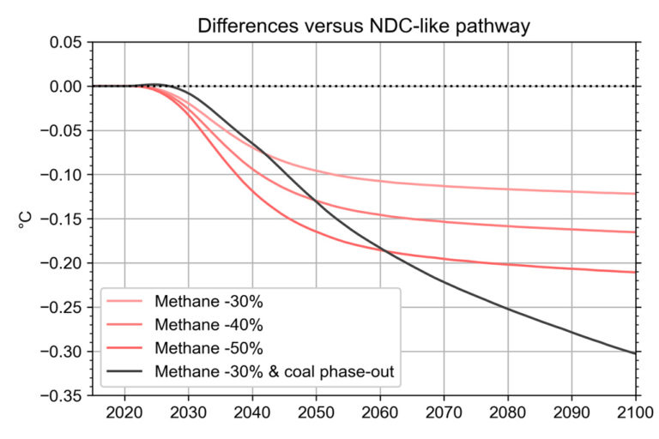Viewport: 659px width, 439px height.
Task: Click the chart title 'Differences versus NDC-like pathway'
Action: [x=364, y=25]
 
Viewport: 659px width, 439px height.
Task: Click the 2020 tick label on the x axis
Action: [x=124, y=412]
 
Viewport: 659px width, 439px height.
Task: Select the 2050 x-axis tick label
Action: [x=316, y=412]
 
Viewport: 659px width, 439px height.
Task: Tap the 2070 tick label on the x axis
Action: [x=444, y=412]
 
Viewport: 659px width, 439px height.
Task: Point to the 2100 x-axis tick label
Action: [x=635, y=412]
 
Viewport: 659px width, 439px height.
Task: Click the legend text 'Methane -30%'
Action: [x=209, y=302]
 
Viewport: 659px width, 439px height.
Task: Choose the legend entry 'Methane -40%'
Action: [x=209, y=325]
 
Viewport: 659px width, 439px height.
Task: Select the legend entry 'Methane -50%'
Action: [x=209, y=348]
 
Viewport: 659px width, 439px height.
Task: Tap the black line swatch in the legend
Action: [x=127, y=371]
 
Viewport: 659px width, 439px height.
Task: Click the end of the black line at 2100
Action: [x=635, y=352]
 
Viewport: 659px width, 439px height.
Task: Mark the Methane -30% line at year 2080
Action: [x=507, y=189]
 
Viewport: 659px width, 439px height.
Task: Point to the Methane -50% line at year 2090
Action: [x=571, y=268]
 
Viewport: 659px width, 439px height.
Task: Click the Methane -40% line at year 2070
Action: [x=444, y=221]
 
